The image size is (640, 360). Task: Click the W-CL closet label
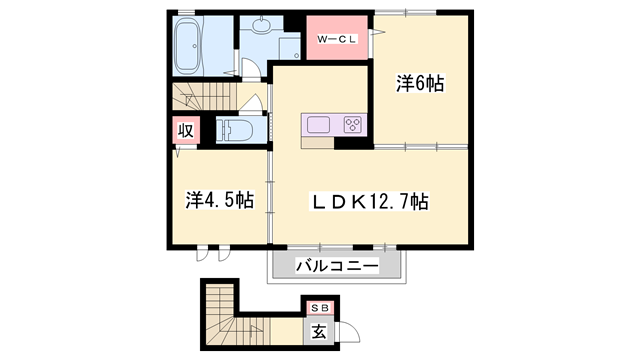coord(337,39)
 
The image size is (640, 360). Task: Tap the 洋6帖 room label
coord(420,83)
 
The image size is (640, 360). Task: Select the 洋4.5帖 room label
coord(220,200)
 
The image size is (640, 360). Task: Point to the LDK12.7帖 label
coord(371,201)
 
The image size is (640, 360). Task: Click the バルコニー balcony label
coord(337,266)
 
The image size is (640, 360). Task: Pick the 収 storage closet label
coord(186,131)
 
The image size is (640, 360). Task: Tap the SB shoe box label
coord(320,309)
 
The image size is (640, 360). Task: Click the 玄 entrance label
coord(319,331)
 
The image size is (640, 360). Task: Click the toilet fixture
coord(234,130)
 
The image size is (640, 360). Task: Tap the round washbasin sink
coord(261,25)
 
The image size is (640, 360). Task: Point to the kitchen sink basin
coord(318,124)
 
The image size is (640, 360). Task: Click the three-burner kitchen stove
coord(353,124)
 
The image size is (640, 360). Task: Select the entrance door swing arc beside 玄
coord(352,329)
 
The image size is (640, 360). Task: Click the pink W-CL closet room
coord(337,38)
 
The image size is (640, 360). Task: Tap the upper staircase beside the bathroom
coord(204,96)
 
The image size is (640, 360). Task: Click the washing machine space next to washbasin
coord(290,48)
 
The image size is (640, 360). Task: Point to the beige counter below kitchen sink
coord(318,142)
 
